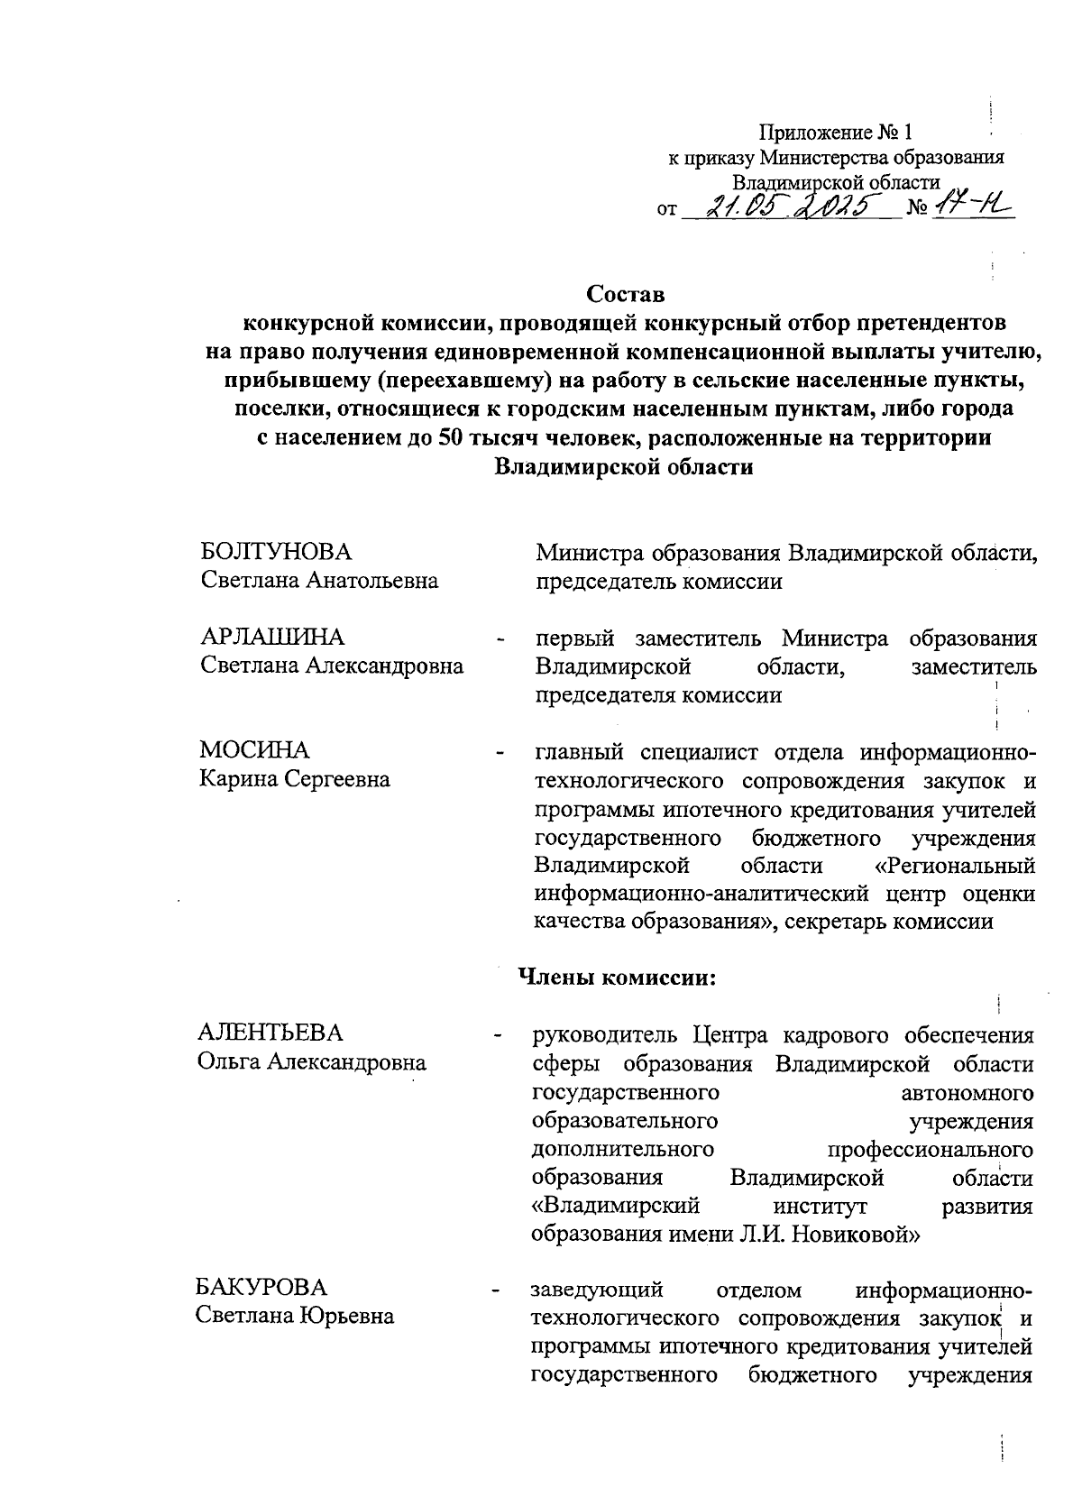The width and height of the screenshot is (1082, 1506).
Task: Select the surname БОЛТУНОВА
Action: (276, 552)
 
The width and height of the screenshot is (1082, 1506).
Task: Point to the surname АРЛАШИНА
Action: (272, 638)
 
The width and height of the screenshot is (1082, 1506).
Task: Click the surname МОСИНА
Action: (254, 750)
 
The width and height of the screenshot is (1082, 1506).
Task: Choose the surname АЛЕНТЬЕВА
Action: (270, 1033)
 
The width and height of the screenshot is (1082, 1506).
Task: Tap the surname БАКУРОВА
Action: (262, 1287)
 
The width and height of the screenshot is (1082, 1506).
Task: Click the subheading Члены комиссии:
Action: (617, 977)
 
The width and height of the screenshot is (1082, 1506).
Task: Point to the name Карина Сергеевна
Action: (295, 779)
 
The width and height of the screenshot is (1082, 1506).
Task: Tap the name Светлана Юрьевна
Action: (296, 1316)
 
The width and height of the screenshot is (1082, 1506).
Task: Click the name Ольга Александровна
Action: (312, 1061)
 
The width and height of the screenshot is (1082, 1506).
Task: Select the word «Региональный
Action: (955, 866)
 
